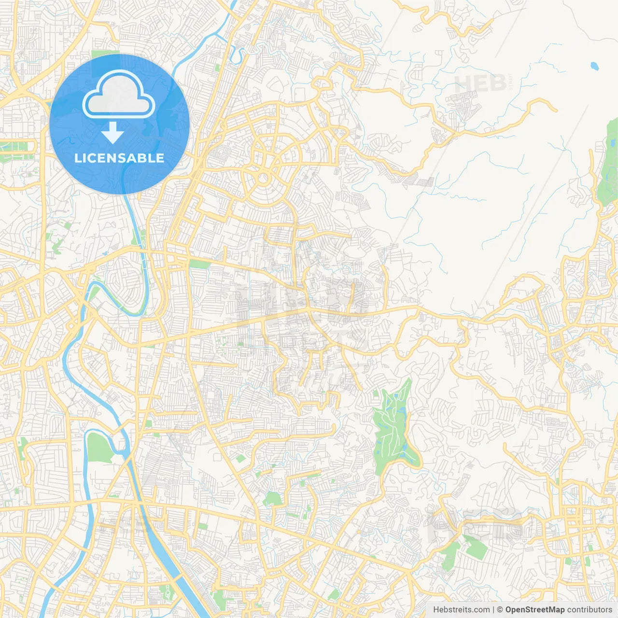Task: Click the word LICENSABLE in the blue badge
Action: pyautogui.click(x=119, y=158)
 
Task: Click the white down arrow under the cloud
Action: pyautogui.click(x=112, y=133)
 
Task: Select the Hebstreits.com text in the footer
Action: pyautogui.click(x=461, y=610)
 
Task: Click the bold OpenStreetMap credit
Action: pyautogui.click(x=534, y=610)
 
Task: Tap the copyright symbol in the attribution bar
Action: pyautogui.click(x=500, y=610)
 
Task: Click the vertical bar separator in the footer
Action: pyautogui.click(x=493, y=610)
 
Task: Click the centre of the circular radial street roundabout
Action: pyautogui.click(x=263, y=178)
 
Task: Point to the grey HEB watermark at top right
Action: pyautogui.click(x=480, y=83)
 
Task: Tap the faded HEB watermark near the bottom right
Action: pyautogui.click(x=476, y=524)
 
